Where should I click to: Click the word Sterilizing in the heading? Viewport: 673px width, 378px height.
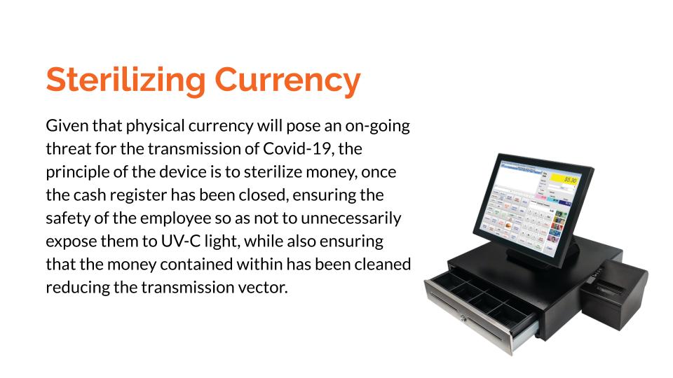(126, 80)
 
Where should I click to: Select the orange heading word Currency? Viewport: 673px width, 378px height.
(287, 80)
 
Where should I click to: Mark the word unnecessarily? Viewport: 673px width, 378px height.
(351, 219)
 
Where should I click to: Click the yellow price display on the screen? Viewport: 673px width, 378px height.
(565, 179)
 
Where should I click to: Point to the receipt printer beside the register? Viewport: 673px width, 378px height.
(615, 295)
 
